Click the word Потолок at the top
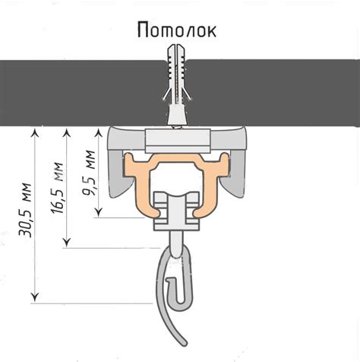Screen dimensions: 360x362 coord(177,30)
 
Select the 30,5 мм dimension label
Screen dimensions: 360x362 coord(25,210)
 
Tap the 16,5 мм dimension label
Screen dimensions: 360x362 coord(57,188)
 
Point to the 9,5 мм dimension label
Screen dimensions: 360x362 coord(89,173)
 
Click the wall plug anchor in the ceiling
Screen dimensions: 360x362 coord(176,85)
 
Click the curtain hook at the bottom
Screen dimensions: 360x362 coord(174,291)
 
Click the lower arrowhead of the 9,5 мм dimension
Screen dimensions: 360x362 coord(99,211)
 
